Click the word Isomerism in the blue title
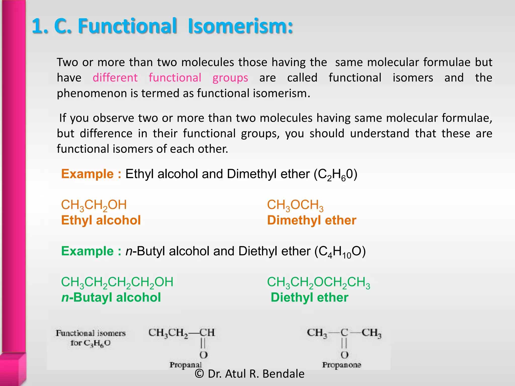tap(240, 26)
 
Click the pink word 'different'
tap(115, 78)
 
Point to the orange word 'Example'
tap(87, 174)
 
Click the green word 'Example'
tap(87, 251)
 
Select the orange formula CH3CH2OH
tap(94, 205)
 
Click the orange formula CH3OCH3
tap(295, 205)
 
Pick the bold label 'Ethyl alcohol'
tap(101, 220)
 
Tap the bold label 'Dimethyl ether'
tap(312, 220)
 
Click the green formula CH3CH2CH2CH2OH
tap(117, 282)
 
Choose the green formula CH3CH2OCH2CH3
tap(318, 282)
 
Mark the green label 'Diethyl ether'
tap(310, 298)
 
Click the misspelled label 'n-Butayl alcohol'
tap(111, 298)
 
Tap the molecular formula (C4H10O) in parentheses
tap(340, 252)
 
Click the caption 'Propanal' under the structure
tap(186, 365)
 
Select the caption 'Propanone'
tap(341, 365)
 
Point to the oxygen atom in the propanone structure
tap(344, 355)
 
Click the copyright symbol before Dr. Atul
tap(199, 374)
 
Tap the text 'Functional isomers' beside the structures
tap(91, 333)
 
